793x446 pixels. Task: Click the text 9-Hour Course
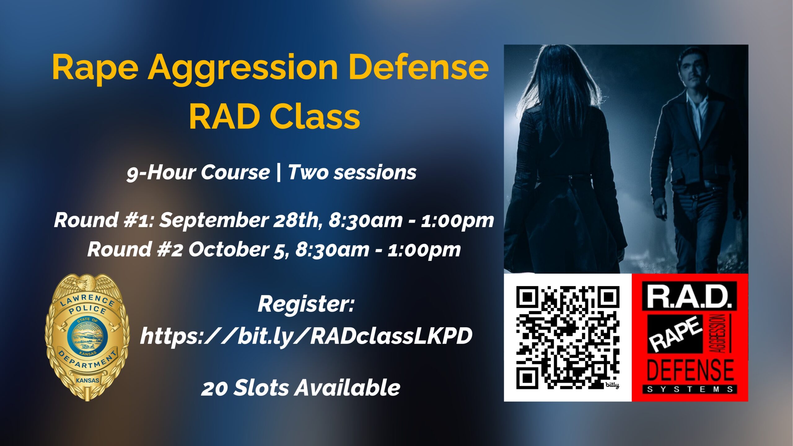point(198,173)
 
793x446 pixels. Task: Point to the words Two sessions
point(352,173)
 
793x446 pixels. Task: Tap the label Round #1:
point(103,220)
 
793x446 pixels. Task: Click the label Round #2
point(135,249)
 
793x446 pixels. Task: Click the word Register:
point(306,304)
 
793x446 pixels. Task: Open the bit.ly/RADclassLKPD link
point(306,336)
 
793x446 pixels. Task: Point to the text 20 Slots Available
point(300,388)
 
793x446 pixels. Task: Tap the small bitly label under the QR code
point(612,386)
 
